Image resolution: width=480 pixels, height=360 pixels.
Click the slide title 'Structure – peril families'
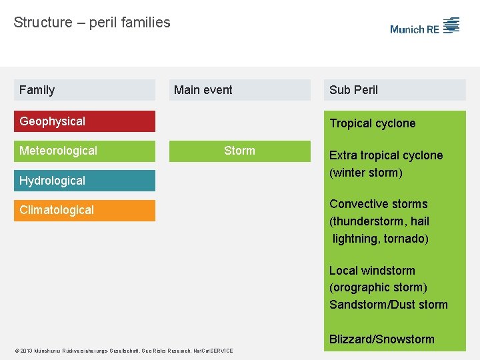pyautogui.click(x=92, y=23)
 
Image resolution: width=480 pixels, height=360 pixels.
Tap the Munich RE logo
pyautogui.click(x=425, y=27)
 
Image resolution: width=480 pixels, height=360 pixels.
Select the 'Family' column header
pyautogui.click(x=85, y=90)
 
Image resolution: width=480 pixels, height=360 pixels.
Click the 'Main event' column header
pyautogui.click(x=239, y=90)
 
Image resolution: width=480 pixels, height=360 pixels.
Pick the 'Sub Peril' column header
pyautogui.click(x=395, y=90)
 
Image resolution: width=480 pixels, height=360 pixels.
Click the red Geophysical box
pyautogui.click(x=85, y=121)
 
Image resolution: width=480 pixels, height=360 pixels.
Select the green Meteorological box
pyautogui.click(x=85, y=151)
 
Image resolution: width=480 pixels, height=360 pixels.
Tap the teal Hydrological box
pyautogui.click(x=85, y=181)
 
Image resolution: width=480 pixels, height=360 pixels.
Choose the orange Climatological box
pyautogui.click(x=85, y=210)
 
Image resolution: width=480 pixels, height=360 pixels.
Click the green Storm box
pyautogui.click(x=239, y=151)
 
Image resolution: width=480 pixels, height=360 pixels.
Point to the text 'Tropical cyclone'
pyautogui.click(x=372, y=123)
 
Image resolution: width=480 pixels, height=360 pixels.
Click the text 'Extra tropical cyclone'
pyautogui.click(x=386, y=155)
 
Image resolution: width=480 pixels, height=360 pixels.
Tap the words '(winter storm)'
pyautogui.click(x=366, y=173)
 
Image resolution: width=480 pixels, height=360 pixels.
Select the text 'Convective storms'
pyautogui.click(x=378, y=204)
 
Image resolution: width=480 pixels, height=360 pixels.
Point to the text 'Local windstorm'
pyautogui.click(x=372, y=271)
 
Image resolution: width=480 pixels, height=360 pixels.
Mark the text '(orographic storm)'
pyautogui.click(x=378, y=287)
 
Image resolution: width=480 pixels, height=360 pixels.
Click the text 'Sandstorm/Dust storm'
pyautogui.click(x=389, y=305)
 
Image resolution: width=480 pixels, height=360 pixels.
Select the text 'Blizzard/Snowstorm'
pyautogui.click(x=381, y=339)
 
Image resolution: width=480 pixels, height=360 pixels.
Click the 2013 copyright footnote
pyautogui.click(x=123, y=351)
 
